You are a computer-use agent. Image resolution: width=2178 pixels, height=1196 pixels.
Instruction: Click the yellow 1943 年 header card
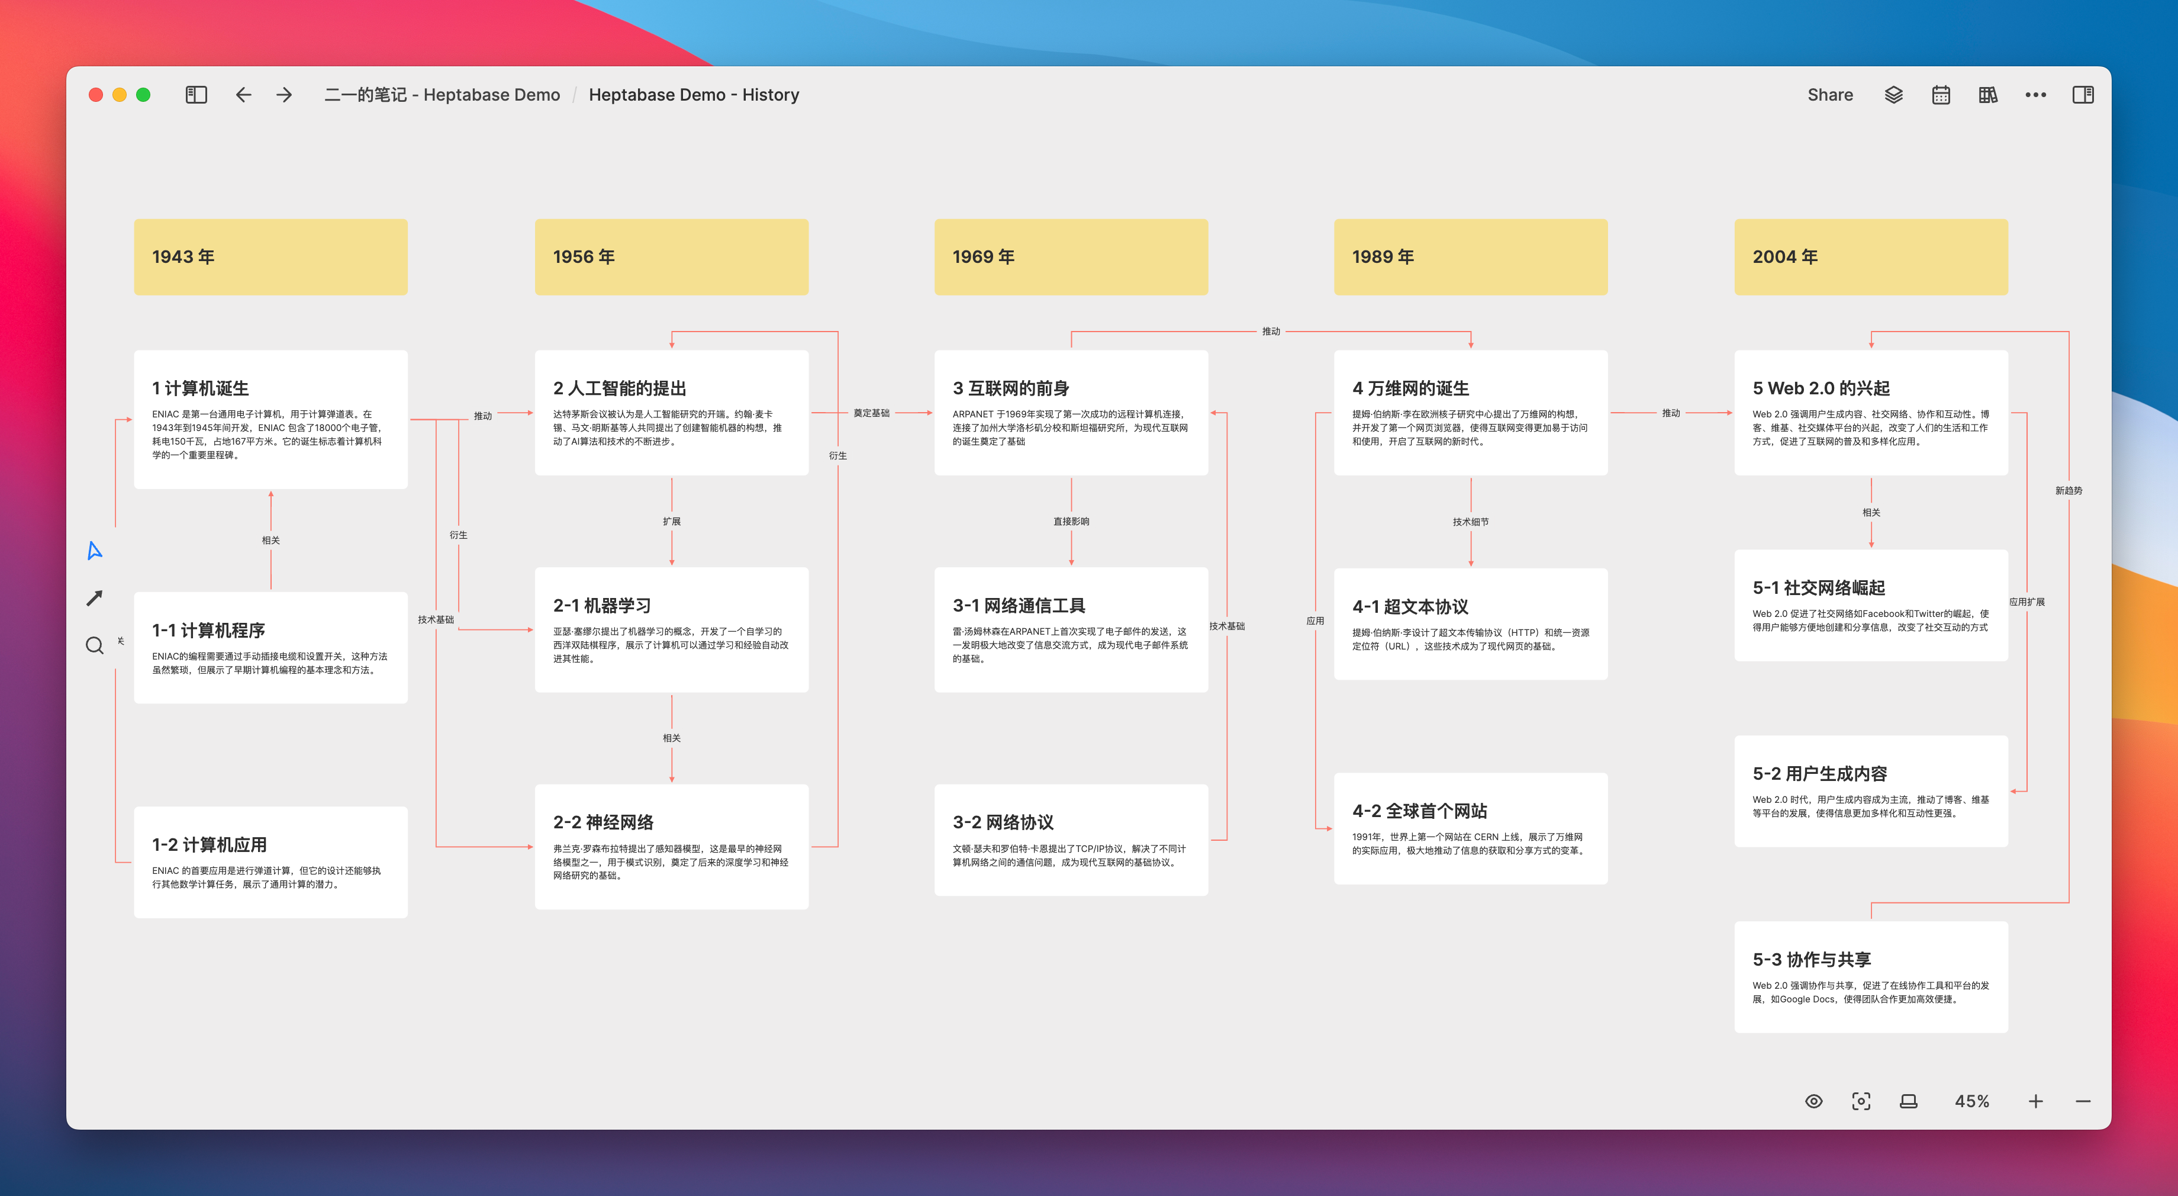click(270, 257)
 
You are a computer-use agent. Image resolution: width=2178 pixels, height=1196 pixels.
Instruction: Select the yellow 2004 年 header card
click(1870, 257)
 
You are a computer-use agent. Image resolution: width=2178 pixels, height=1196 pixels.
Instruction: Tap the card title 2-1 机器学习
click(602, 606)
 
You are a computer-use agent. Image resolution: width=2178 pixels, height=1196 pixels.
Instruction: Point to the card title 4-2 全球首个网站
click(1420, 811)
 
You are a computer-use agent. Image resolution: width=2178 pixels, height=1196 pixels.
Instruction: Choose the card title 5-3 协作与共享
click(1811, 959)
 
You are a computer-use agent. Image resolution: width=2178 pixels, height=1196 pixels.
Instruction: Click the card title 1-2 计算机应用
click(209, 844)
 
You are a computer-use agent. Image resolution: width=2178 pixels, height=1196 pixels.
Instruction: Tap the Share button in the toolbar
click(1829, 95)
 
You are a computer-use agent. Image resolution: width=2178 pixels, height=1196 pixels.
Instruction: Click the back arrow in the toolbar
click(243, 95)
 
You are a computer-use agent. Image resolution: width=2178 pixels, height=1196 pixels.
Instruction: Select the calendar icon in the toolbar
click(1941, 95)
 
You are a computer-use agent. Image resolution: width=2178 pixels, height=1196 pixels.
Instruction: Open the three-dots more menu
click(2035, 95)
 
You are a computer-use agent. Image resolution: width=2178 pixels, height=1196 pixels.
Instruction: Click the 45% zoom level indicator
click(1971, 1101)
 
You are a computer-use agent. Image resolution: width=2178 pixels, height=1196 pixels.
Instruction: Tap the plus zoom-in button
click(2035, 1101)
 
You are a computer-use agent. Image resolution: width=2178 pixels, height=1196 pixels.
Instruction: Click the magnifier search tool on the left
click(95, 645)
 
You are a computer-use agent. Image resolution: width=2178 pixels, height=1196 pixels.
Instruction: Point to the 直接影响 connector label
click(1071, 521)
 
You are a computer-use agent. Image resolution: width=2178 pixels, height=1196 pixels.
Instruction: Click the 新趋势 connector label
click(2068, 491)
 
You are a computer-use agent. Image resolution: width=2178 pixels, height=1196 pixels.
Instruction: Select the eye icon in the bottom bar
click(1813, 1101)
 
